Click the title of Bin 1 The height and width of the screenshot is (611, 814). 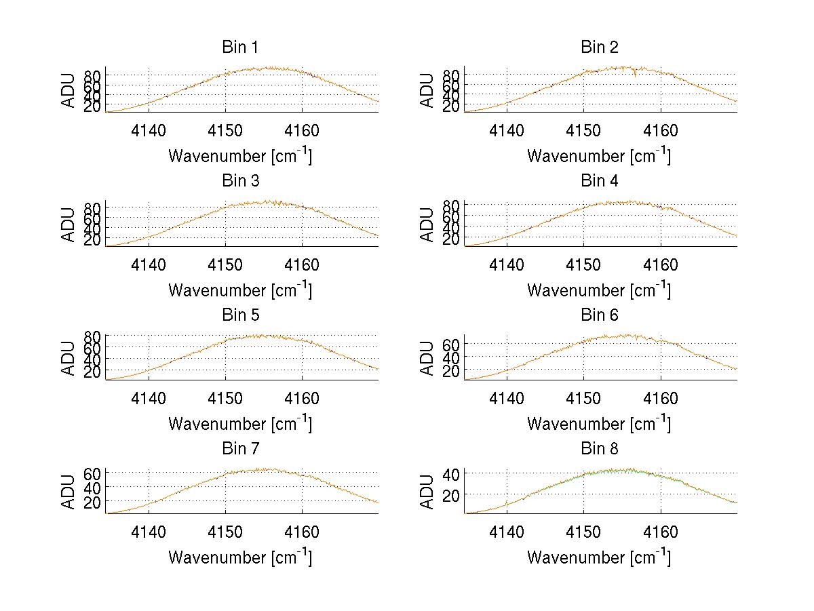coord(240,47)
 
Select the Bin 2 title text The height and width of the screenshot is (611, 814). coord(599,47)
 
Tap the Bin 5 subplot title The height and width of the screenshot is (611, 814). coord(240,315)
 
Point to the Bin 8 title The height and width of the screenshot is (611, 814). coord(599,449)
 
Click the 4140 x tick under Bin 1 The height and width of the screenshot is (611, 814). coord(149,130)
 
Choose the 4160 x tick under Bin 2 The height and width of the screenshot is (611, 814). coord(660,130)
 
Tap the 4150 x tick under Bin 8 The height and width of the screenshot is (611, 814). coord(583,532)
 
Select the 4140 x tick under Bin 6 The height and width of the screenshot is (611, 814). coord(507,398)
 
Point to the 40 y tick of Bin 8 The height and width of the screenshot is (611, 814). coord(452,473)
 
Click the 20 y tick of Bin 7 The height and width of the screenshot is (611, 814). coord(93,502)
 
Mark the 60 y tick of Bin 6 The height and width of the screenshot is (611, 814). coord(452,344)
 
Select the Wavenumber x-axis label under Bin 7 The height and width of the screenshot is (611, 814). coord(240,557)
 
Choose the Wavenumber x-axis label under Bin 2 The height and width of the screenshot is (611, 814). coord(599,155)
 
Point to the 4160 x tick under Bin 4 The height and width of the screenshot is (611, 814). coord(660,264)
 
